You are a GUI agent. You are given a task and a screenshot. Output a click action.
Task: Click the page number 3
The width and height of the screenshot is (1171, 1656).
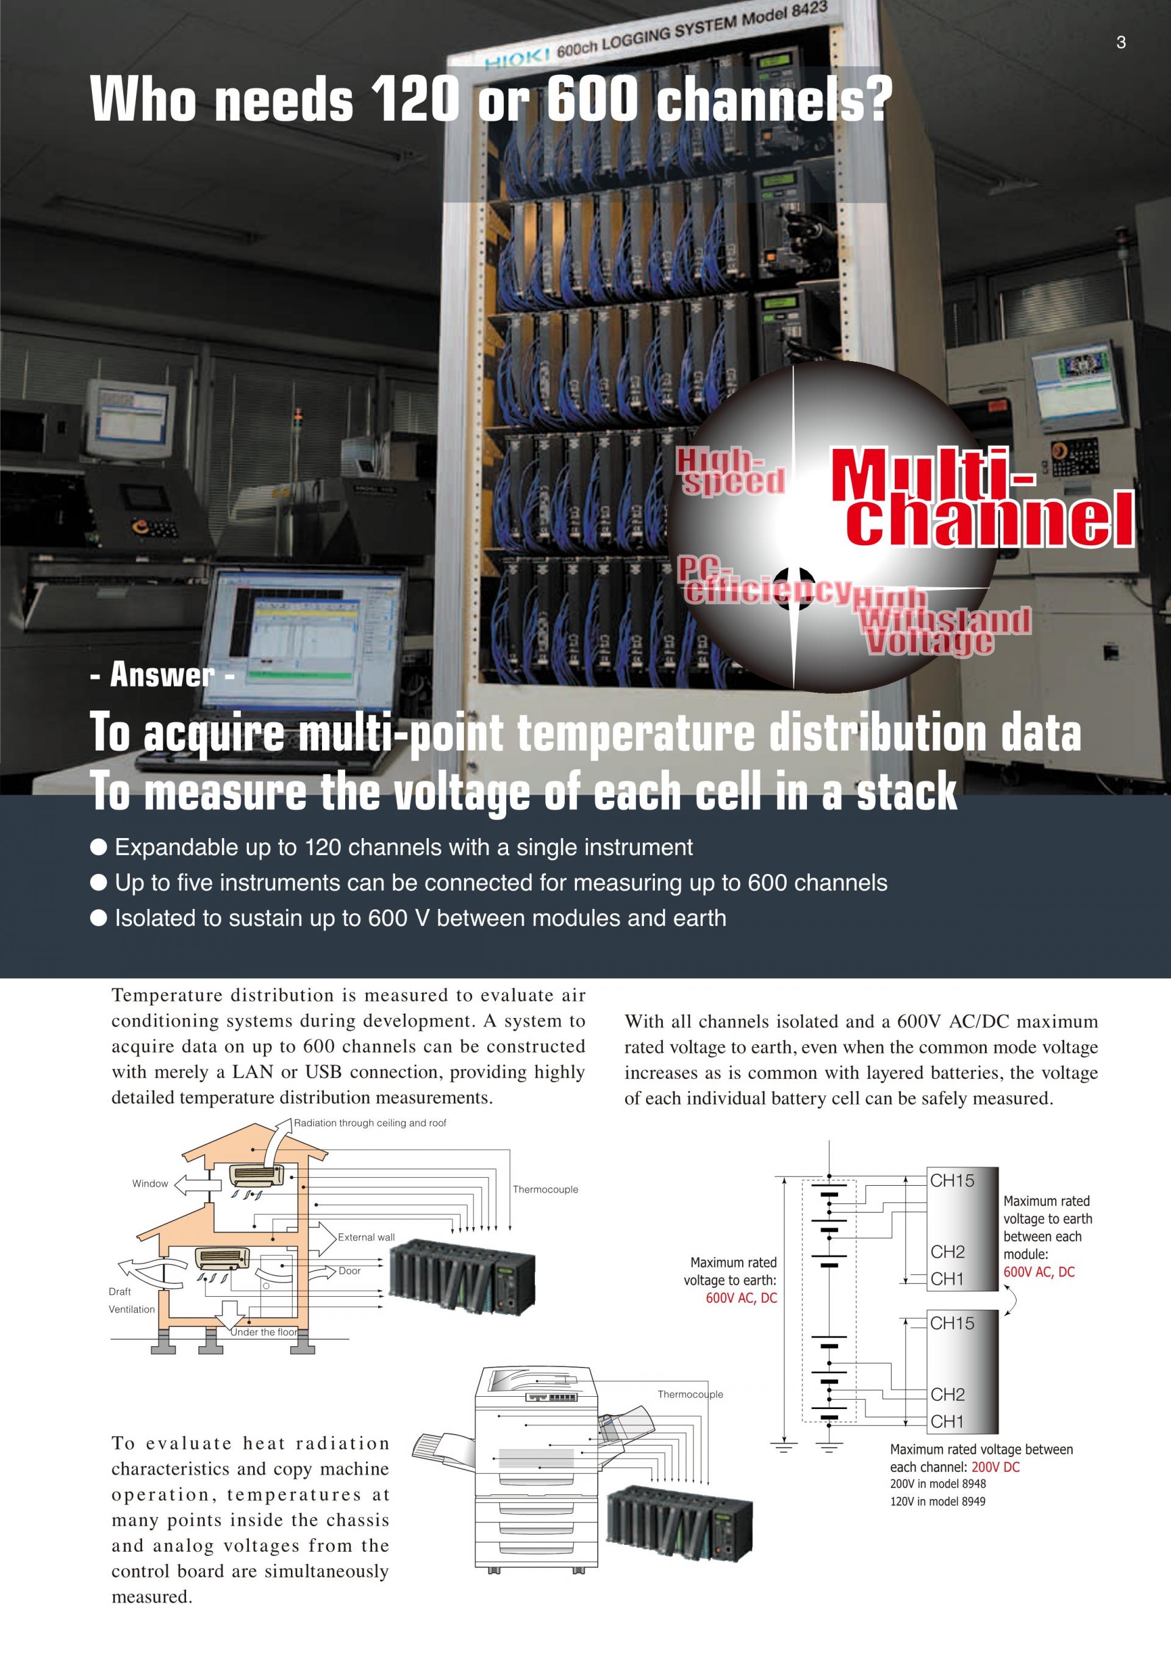(1120, 43)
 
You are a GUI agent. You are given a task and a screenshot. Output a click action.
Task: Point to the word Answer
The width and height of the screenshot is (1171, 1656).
(162, 675)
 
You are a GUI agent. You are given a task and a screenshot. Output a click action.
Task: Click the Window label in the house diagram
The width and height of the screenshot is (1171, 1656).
(150, 1183)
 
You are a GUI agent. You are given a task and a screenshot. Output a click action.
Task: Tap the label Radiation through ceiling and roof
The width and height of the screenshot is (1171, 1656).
(370, 1123)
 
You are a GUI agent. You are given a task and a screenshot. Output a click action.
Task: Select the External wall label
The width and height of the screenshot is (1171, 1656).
(367, 1237)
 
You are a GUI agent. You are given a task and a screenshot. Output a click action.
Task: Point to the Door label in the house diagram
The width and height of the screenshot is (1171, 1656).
(349, 1271)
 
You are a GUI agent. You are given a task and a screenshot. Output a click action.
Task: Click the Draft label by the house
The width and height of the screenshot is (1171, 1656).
(120, 1291)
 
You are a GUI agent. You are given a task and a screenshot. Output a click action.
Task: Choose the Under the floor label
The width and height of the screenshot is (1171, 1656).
(264, 1332)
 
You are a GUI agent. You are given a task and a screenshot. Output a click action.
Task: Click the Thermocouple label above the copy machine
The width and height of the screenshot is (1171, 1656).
(690, 1394)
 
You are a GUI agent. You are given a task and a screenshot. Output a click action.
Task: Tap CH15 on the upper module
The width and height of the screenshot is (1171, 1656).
(952, 1181)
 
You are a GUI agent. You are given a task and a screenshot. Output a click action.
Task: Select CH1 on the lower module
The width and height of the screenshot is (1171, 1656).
(947, 1422)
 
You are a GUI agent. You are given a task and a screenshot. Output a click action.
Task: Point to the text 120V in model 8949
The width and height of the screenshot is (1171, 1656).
(937, 1501)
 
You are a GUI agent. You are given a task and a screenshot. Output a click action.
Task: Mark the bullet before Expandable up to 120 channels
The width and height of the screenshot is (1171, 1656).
(99, 847)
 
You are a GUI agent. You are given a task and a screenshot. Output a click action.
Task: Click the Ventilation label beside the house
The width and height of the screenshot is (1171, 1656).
(132, 1309)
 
